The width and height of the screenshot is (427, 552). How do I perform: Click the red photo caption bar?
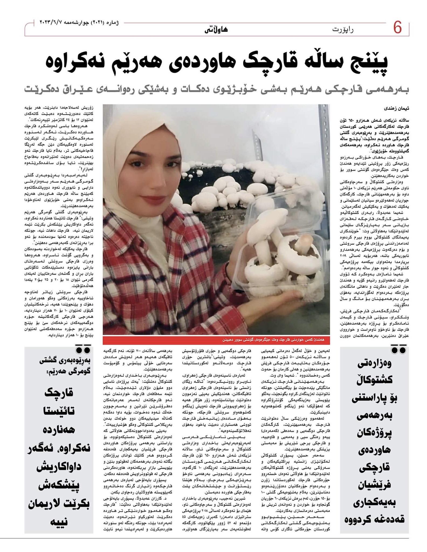click(x=216, y=340)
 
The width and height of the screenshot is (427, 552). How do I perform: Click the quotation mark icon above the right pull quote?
click(x=398, y=350)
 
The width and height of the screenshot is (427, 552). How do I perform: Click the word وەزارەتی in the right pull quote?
click(x=375, y=364)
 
